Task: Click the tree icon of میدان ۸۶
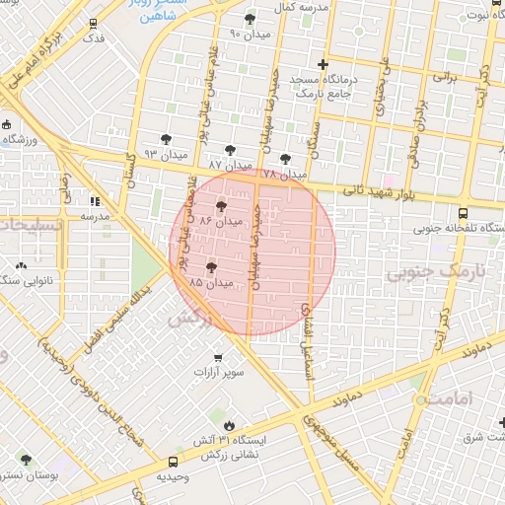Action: coord(220,207)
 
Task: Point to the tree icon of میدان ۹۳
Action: coord(166,138)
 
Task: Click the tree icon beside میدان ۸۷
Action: coord(230,150)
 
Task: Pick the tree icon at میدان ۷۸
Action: coord(285,158)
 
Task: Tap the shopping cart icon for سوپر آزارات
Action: coord(217,357)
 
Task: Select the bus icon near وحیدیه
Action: coord(174,461)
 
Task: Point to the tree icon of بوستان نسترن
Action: coord(26,460)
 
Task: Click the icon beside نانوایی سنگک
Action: coord(22,266)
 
